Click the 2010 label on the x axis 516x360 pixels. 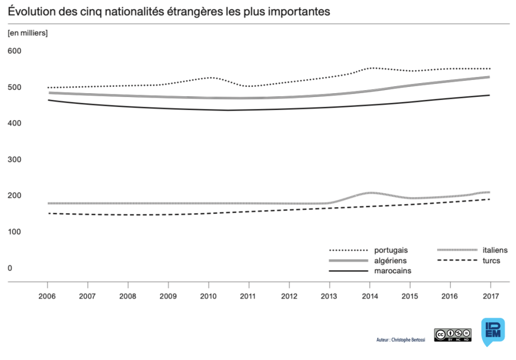(x=209, y=296)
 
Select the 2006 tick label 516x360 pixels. (x=47, y=296)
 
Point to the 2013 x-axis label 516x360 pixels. (x=329, y=296)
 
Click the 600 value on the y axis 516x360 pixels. (x=14, y=51)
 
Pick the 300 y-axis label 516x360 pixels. (x=14, y=159)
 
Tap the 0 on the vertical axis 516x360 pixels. (x=10, y=268)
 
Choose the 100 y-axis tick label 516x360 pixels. (x=14, y=232)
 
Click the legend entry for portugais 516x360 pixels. (x=390, y=250)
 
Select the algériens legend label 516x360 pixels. (x=390, y=261)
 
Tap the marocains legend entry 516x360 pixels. (x=392, y=271)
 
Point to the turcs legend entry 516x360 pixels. (x=491, y=261)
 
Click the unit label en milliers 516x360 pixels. (x=27, y=33)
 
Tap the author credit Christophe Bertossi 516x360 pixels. (x=400, y=340)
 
